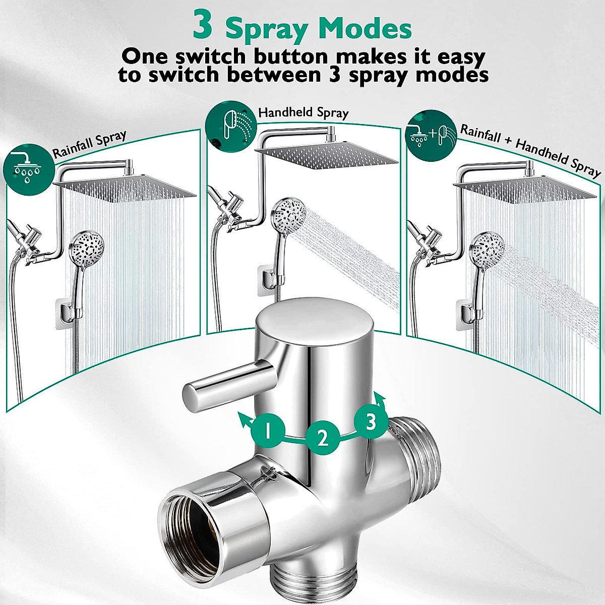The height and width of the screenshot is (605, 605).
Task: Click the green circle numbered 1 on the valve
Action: point(268,431)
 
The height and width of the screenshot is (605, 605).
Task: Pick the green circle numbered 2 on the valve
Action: point(323,438)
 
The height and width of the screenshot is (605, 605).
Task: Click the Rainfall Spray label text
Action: point(89,144)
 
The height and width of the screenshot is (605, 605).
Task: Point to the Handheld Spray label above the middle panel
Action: point(304,113)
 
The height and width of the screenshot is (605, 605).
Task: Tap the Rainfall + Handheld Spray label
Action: point(530,151)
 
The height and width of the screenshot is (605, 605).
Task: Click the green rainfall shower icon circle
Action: point(29,169)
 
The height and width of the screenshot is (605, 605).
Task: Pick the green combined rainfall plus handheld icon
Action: point(431,136)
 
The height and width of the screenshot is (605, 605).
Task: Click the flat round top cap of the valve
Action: point(315,322)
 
